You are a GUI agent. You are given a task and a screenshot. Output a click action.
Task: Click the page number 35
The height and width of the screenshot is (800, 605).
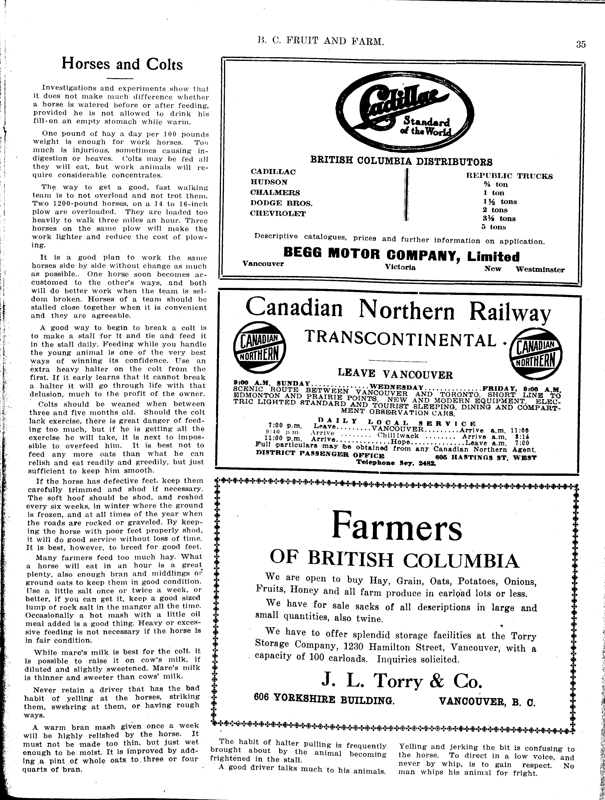point(581,44)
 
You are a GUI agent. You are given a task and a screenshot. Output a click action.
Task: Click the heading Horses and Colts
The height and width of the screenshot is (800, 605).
point(122,64)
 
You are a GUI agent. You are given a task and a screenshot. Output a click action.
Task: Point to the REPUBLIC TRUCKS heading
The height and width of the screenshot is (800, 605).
point(509,176)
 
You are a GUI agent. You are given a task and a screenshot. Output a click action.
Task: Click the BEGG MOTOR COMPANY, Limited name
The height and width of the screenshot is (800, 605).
point(401,256)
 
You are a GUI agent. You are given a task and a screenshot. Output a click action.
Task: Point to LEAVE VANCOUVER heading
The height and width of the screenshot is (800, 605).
point(395,373)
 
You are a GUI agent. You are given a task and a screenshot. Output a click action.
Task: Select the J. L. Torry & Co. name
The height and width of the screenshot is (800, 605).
point(401,681)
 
